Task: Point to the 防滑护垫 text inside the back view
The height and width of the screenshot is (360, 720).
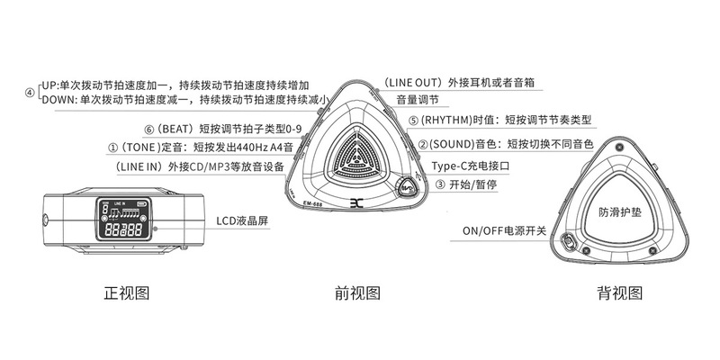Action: (x=619, y=212)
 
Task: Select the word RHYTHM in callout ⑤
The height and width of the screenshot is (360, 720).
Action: (x=445, y=120)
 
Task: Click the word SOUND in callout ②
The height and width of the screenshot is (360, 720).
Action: (x=449, y=143)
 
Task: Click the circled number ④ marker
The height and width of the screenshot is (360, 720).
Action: (x=29, y=91)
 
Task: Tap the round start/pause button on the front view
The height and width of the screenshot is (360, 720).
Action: (x=408, y=189)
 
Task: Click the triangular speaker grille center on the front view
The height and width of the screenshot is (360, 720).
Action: (x=357, y=155)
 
